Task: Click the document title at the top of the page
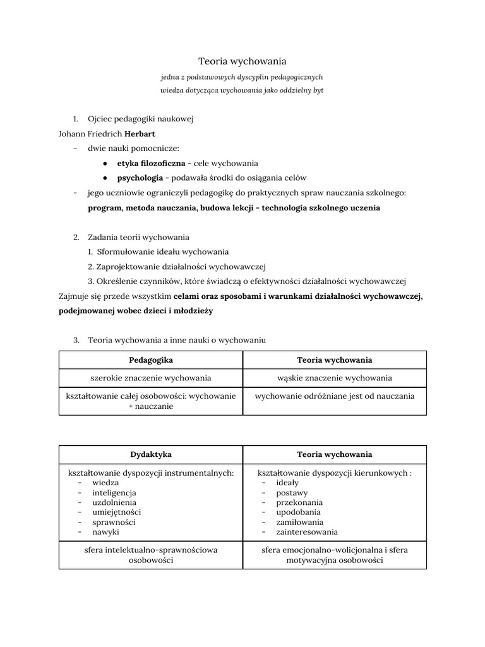pyautogui.click(x=242, y=61)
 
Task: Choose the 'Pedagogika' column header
pyautogui.click(x=151, y=360)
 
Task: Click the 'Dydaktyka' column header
pyautogui.click(x=151, y=454)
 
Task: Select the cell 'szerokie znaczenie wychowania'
pyautogui.click(x=151, y=378)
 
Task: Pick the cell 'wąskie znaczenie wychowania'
pyautogui.click(x=335, y=378)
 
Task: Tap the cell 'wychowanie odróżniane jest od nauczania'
pyautogui.click(x=335, y=396)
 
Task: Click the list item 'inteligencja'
pyautogui.click(x=114, y=492)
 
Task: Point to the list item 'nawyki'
pyautogui.click(x=105, y=532)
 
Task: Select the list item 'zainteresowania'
pyautogui.click(x=307, y=532)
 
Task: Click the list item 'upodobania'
pyautogui.click(x=299, y=512)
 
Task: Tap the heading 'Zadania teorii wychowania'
pyautogui.click(x=138, y=238)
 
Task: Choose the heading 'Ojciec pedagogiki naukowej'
pyautogui.click(x=140, y=119)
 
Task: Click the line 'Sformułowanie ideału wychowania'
pyautogui.click(x=163, y=251)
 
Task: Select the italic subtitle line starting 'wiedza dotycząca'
pyautogui.click(x=242, y=90)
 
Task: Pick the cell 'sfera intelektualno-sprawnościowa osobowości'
pyautogui.click(x=151, y=555)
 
